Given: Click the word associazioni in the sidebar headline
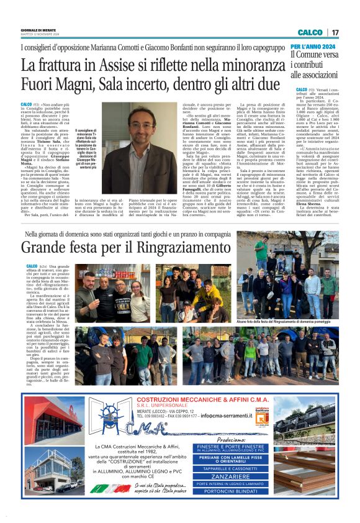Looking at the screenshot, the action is [315, 76].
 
